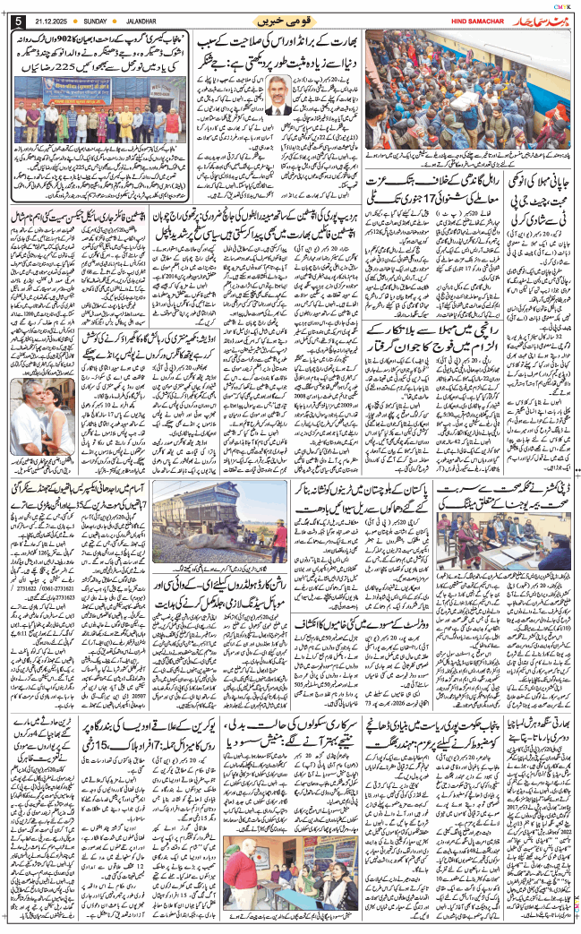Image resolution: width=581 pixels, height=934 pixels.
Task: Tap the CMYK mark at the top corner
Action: (x=562, y=6)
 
